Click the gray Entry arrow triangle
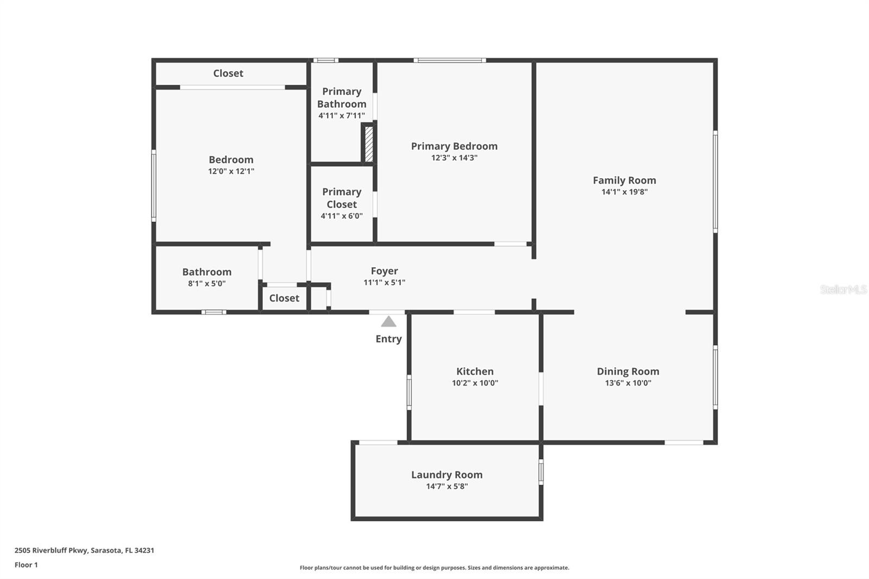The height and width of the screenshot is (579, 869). pos(388,322)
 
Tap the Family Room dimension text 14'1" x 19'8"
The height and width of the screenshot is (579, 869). pos(624,192)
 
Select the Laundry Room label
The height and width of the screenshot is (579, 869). pos(446,474)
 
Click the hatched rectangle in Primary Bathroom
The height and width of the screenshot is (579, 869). pos(369,143)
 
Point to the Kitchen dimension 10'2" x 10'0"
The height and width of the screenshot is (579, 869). pos(475,383)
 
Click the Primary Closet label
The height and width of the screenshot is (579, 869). pos(342,198)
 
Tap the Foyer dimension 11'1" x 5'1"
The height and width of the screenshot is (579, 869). pos(384,282)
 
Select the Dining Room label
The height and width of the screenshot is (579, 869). pos(628,371)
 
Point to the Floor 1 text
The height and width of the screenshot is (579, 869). pos(26,565)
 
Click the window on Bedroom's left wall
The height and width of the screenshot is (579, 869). pos(154,186)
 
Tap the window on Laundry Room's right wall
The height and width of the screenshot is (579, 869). pos(541,471)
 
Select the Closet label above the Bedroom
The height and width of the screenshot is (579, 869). pos(228,73)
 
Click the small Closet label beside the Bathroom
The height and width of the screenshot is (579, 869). pos(284,298)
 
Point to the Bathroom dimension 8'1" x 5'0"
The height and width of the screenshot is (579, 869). pos(207,284)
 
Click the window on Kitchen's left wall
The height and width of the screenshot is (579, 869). pos(409,392)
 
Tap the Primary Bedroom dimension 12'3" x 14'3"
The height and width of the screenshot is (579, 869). pos(454,158)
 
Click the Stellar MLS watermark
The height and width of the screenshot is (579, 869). pos(843,289)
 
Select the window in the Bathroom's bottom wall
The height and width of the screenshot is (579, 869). pos(213,312)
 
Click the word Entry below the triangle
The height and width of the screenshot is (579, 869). pos(388,339)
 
